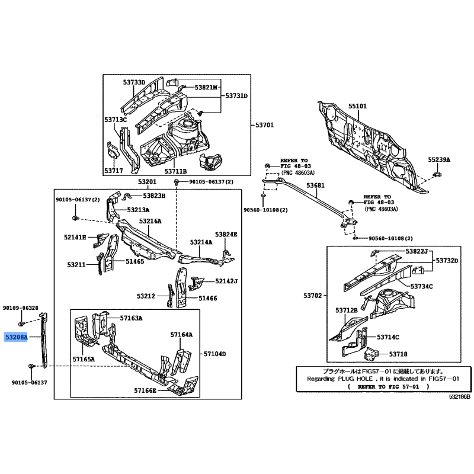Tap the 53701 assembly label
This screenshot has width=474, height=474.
[264, 125]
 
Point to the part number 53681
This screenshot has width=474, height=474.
[315, 185]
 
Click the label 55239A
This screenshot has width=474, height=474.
[440, 160]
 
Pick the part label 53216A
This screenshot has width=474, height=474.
[150, 221]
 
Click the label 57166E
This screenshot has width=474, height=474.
[145, 390]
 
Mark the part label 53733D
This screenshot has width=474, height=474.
[134, 82]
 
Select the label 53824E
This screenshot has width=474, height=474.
[226, 235]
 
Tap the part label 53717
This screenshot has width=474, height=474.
[114, 171]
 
